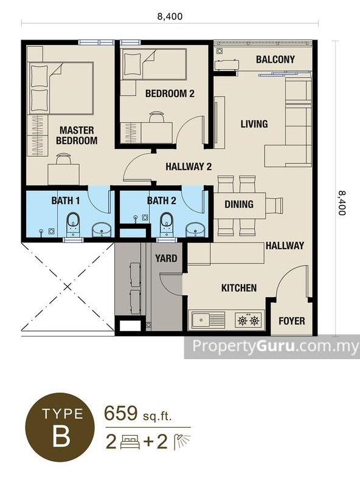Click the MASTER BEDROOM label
pyautogui.click(x=77, y=136)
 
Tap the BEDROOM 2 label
pyautogui.click(x=170, y=94)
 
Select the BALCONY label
pyautogui.click(x=275, y=60)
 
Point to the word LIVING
pyautogui.click(x=254, y=124)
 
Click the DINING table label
pyautogui.click(x=239, y=204)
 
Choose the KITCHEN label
pyautogui.click(x=239, y=288)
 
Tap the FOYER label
pyautogui.click(x=292, y=321)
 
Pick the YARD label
pyautogui.click(x=166, y=258)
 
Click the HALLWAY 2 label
pyautogui.click(x=189, y=166)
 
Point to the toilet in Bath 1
pyautogui.click(x=73, y=224)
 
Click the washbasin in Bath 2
pyautogui.click(x=195, y=229)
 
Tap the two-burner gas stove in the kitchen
pyautogui.click(x=248, y=320)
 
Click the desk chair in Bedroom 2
pyautogui.click(x=156, y=117)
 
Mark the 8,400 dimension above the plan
pyautogui.click(x=170, y=16)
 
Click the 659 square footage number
pyautogui.click(x=121, y=413)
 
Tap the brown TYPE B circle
pyautogui.click(x=60, y=427)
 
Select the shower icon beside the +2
pyautogui.click(x=182, y=442)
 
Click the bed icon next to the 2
pyautogui.click(x=130, y=442)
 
